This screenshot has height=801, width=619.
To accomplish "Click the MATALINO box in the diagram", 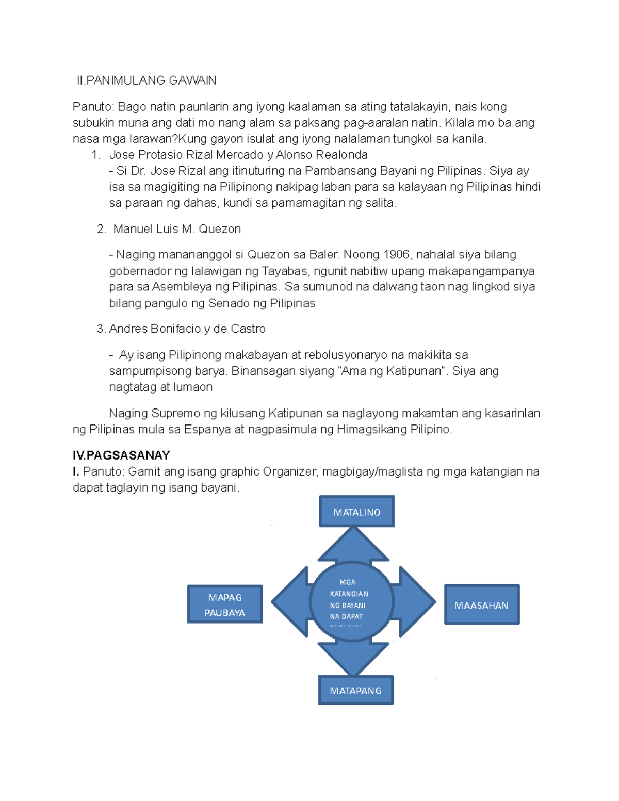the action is coord(356,511).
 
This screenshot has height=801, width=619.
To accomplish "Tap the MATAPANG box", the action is coord(356,690).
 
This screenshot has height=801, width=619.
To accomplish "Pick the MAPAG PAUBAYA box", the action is coord(225,604).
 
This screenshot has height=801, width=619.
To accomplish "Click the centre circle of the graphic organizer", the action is coord(352,601).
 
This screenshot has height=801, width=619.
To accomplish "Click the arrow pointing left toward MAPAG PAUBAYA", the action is coord(291,602).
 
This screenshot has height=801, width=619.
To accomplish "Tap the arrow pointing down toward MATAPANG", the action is coord(353,659).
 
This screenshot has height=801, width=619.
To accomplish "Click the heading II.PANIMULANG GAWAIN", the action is coord(146,80).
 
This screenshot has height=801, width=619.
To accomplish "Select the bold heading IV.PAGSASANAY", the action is coord(121,455).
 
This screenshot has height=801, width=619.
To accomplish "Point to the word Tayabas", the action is coord(286,271).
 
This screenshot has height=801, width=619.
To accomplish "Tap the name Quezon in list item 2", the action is coord(220,229).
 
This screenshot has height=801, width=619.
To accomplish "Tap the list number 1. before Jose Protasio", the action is coord(96,154).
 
